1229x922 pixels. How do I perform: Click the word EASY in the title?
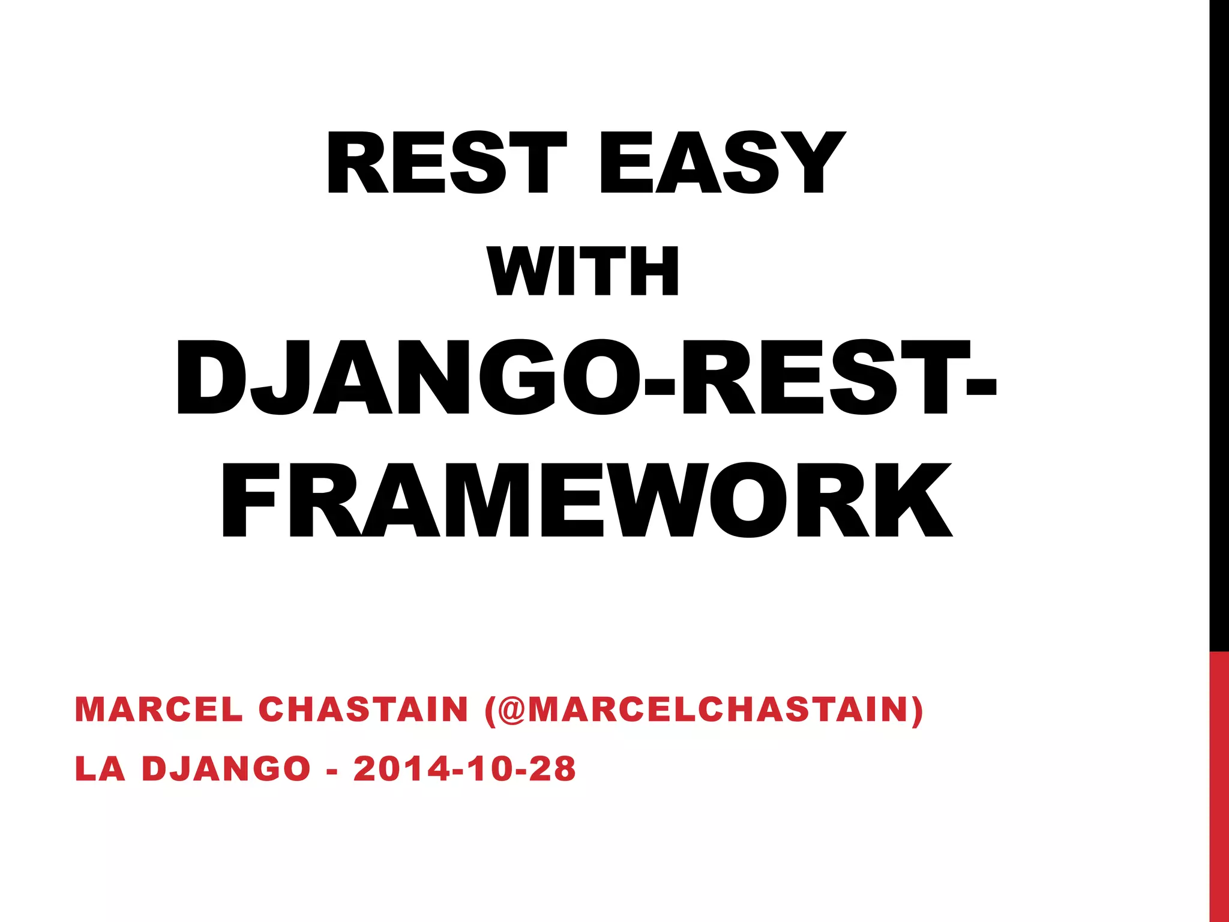(723, 163)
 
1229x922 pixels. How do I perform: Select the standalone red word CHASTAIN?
(363, 710)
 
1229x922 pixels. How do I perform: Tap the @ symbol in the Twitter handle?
(510, 710)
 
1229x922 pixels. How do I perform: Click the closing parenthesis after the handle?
(917, 711)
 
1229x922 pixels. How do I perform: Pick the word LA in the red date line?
(100, 769)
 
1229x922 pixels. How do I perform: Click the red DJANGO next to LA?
(226, 769)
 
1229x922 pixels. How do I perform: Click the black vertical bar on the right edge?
(1219, 324)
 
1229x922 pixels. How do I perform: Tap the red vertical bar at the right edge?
(1219, 786)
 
